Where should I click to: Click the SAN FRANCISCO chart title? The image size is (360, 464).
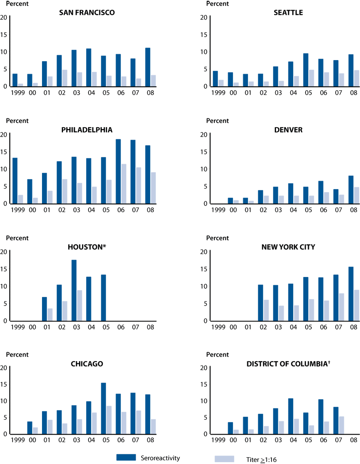pos(87,12)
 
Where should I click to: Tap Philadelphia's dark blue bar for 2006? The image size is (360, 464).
pos(118,171)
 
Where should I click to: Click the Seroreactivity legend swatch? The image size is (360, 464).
pos(126,457)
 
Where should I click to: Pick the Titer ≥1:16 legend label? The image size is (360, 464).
pos(261,459)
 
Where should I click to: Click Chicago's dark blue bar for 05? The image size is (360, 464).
pos(103,408)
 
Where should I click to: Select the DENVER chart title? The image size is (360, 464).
pos(288,130)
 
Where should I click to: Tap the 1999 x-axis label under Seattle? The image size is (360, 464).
pos(218,93)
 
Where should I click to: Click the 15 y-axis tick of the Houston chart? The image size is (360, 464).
pos(4,269)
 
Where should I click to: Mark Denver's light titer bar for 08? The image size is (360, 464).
pos(356,195)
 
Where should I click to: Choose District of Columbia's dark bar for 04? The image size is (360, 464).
pos(291,416)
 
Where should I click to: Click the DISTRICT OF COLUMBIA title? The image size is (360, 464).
pos(288,364)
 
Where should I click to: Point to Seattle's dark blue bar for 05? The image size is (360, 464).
pos(306,70)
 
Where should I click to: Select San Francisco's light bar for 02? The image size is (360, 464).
pos(65,78)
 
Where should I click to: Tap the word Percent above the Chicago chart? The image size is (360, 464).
pos(17,354)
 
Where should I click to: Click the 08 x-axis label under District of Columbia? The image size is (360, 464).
pos(354,440)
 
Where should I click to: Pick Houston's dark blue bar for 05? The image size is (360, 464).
pos(103,298)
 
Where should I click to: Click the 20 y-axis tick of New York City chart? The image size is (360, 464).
pos(204,252)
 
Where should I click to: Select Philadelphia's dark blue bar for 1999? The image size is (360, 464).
pos(15,181)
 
